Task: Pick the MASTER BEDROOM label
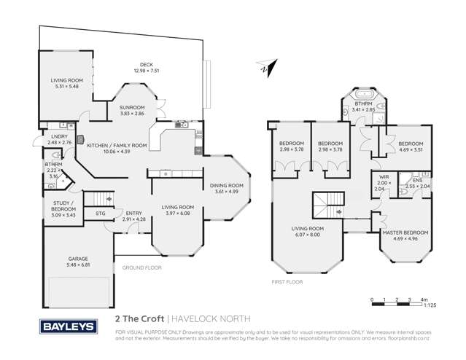click(405, 232)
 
